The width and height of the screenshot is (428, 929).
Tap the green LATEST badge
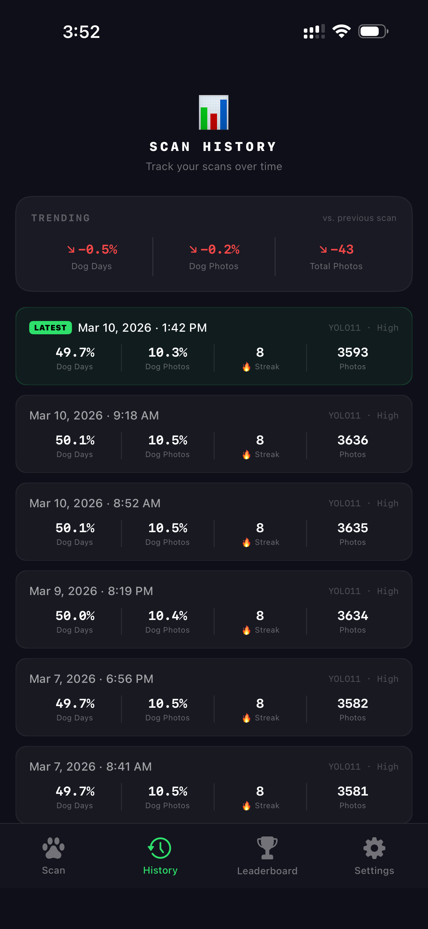point(50,327)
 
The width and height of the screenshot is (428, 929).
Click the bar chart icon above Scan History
point(214,112)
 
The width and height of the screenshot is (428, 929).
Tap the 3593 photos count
point(352,352)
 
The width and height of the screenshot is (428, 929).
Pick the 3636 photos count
point(352,440)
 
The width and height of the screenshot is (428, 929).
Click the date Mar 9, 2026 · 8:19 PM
point(91,591)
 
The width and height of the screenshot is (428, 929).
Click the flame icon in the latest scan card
point(246,367)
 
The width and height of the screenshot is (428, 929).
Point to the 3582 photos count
point(352,703)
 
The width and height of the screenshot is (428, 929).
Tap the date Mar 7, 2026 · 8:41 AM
point(90,766)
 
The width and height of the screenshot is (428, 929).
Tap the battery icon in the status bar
point(373,31)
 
